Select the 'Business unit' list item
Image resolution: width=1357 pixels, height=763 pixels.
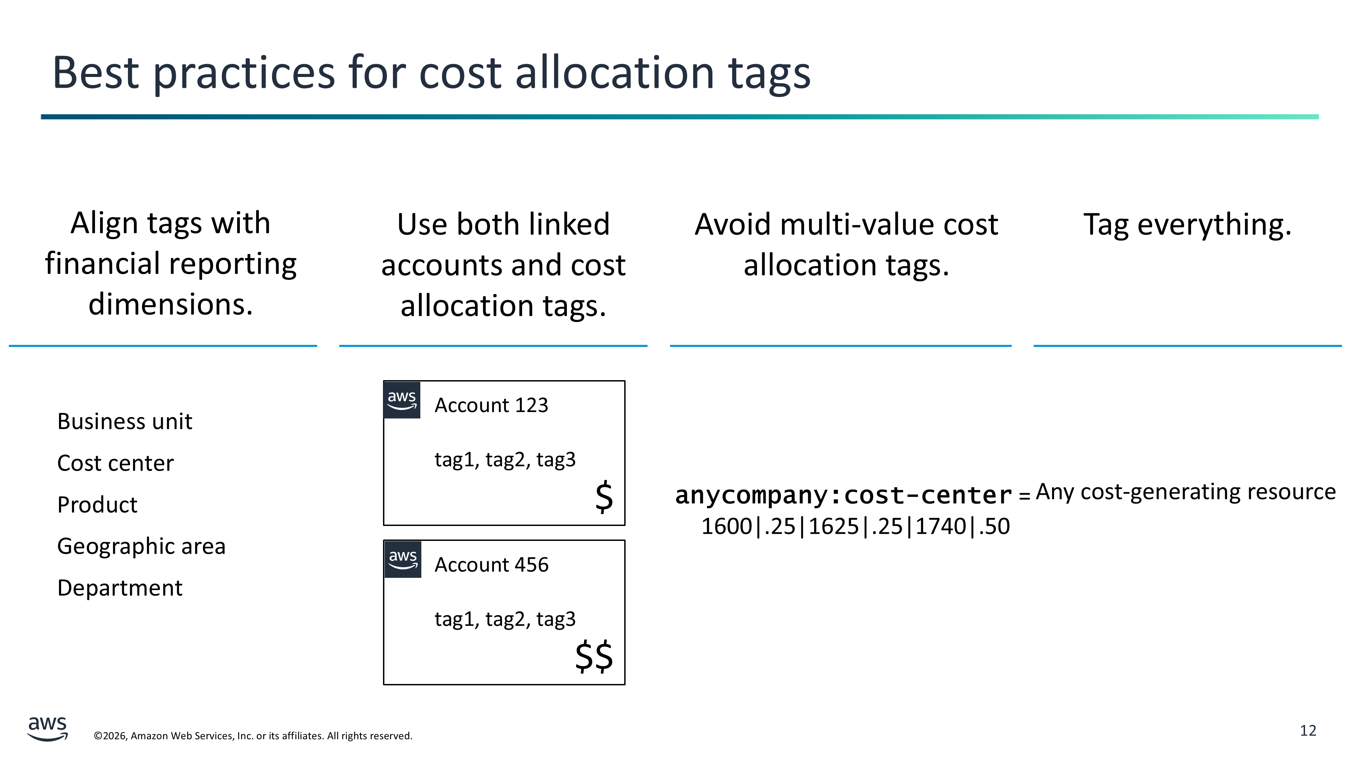(x=125, y=421)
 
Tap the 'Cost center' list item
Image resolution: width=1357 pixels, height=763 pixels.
(x=115, y=463)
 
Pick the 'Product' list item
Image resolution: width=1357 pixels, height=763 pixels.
(x=97, y=505)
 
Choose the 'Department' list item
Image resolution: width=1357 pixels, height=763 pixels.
(x=119, y=588)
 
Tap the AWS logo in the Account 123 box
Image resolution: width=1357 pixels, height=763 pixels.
(x=402, y=400)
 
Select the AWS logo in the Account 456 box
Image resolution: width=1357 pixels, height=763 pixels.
(x=403, y=559)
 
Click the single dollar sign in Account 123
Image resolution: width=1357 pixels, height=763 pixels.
(x=604, y=496)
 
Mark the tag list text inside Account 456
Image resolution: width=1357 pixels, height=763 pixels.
(x=505, y=619)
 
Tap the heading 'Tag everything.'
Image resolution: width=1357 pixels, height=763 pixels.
(x=1187, y=225)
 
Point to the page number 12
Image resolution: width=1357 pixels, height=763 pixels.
(x=1308, y=731)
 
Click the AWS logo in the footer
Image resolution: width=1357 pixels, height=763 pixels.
(x=47, y=729)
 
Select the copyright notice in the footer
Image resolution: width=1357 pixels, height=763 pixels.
(x=253, y=736)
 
